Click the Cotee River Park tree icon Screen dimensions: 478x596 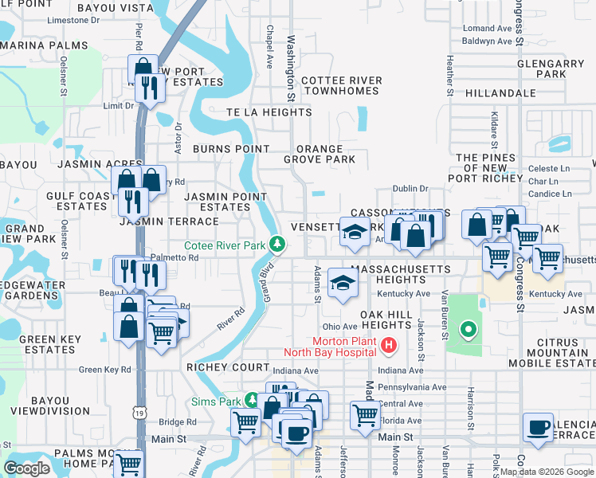(x=276, y=243)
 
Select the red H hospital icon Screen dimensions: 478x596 (x=388, y=344)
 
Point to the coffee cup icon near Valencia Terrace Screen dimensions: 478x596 (x=539, y=427)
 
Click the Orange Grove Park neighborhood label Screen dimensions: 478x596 (x=320, y=154)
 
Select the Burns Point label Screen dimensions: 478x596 (x=231, y=149)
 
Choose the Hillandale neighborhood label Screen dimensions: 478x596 (x=501, y=93)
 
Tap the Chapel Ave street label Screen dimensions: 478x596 (x=270, y=45)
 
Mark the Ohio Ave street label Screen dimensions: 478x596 (x=339, y=327)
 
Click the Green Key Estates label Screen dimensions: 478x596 (x=47, y=344)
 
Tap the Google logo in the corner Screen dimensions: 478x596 (x=27, y=468)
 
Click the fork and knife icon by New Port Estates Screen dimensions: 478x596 (x=149, y=87)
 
